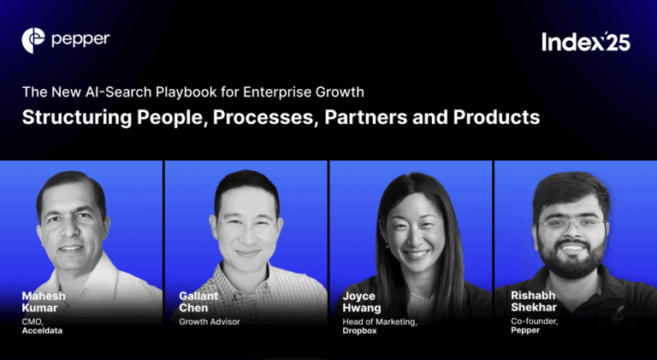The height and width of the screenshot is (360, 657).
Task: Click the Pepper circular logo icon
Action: [x=33, y=39]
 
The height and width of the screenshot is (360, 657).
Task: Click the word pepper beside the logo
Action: [x=80, y=39]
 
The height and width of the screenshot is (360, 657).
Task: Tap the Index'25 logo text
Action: [x=586, y=42]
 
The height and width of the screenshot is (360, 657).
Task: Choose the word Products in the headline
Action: [x=497, y=117]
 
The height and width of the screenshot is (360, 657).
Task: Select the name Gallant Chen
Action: [x=198, y=302]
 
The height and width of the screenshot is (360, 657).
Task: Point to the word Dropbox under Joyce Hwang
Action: [x=361, y=330]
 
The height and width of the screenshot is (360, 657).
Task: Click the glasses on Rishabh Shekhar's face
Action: [x=571, y=224]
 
